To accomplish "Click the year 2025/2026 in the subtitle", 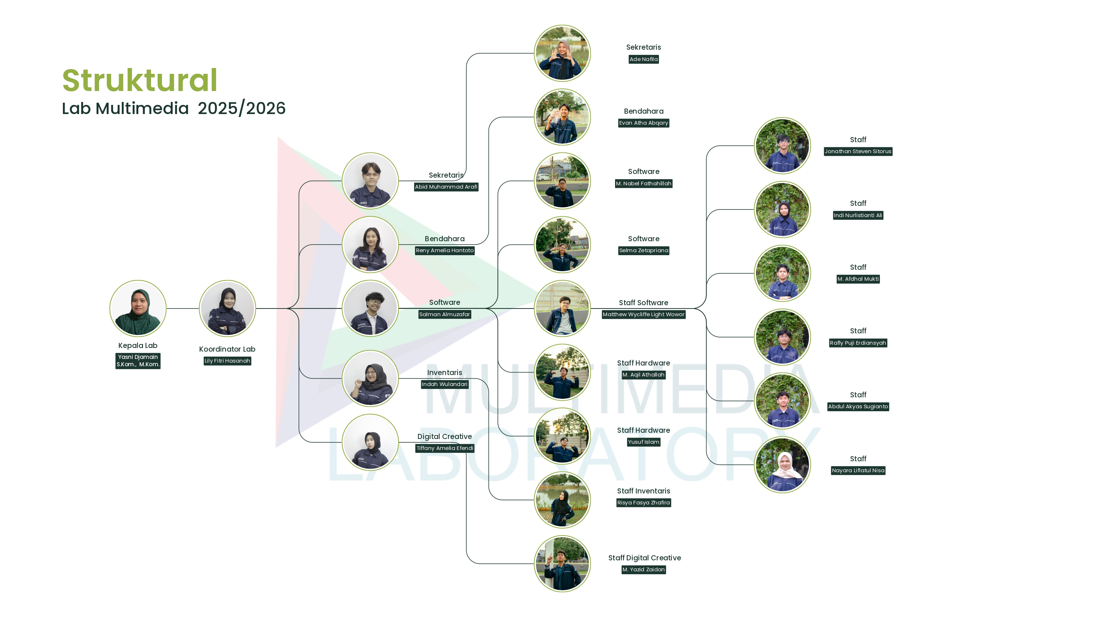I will coord(241,108).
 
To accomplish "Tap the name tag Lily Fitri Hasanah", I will coord(227,361).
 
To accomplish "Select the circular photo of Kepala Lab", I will coord(137,308).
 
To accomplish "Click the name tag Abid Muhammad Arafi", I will coord(446,186).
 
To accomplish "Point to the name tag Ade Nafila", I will coord(644,59).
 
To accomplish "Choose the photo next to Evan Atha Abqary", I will coord(562,117).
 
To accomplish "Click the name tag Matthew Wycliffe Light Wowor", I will coord(644,314).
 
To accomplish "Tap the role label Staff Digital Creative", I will coord(644,558).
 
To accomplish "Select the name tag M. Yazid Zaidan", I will coord(644,569).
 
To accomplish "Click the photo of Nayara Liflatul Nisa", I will coord(782,465).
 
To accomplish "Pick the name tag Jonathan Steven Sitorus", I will coord(857,151).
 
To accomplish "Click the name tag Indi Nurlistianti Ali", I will coord(857,215).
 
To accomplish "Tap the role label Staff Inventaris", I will coord(644,491).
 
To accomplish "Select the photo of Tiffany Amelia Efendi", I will coord(370,442).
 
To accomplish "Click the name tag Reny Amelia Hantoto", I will coord(445,250).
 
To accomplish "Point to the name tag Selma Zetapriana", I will coord(644,250).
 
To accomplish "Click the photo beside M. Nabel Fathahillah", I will coord(562,181).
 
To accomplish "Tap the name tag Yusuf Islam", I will coord(644,442).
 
